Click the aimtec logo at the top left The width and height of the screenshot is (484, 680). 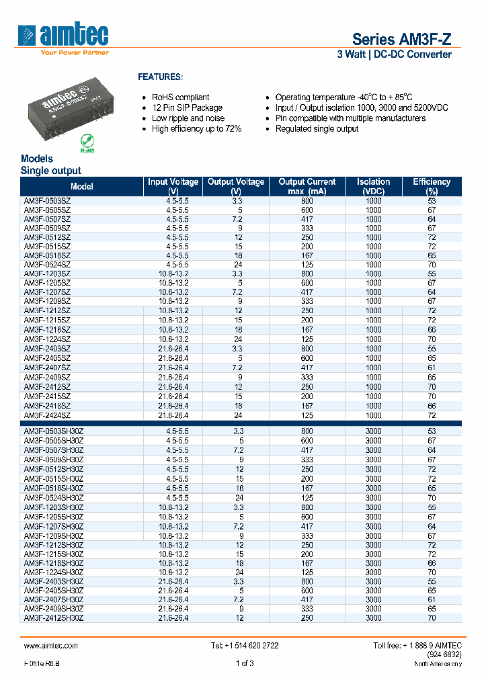64,37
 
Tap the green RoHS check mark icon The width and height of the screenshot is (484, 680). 87,141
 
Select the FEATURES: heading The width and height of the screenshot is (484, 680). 160,77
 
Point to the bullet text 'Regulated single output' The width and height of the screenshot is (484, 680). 317,128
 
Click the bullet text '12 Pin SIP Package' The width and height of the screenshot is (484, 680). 187,108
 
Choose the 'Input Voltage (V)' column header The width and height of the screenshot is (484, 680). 173,186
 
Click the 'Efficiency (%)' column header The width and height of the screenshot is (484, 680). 431,186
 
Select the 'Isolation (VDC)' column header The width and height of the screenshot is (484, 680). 373,186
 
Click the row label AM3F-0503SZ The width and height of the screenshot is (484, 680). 47,201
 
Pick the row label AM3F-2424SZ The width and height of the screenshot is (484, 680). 47,415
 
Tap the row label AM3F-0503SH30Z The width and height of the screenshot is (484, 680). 54,431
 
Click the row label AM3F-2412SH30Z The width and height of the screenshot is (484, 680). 54,618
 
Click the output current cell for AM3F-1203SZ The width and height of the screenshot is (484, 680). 307,274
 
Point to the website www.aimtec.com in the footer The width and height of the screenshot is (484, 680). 51,645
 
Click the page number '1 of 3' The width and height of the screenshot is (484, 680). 245,664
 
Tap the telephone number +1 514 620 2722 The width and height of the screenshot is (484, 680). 245,645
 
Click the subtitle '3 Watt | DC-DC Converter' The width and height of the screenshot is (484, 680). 394,54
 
